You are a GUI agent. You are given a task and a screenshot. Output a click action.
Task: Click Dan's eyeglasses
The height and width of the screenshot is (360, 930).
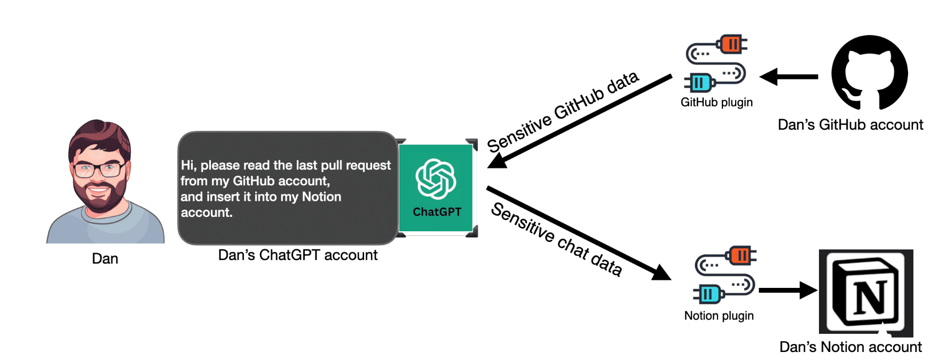99,170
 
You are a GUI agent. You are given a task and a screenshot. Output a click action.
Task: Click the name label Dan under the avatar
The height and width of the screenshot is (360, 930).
105,259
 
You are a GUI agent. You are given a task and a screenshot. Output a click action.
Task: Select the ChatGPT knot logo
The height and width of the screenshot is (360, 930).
436,178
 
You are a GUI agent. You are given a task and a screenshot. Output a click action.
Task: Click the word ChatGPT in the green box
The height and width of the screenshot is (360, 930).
437,212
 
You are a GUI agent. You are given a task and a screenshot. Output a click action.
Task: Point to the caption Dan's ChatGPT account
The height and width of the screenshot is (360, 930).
297,255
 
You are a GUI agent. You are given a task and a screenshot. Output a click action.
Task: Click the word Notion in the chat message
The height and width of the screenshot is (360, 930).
321,197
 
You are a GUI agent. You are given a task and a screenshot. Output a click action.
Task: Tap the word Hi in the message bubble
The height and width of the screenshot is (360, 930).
187,166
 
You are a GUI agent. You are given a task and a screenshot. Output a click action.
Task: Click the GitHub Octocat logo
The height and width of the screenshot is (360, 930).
869,73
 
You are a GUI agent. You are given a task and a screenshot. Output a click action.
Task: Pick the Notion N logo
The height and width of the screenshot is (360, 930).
866,293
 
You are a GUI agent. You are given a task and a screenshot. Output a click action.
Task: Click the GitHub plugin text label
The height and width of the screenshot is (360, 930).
716,103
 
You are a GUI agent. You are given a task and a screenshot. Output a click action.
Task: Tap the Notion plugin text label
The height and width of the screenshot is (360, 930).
719,316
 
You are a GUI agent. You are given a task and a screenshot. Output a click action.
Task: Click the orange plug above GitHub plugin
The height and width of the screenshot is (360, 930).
732,44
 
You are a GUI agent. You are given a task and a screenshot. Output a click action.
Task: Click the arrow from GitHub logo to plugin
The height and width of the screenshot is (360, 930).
789,77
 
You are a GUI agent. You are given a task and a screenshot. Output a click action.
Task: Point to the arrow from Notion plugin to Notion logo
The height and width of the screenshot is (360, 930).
787,291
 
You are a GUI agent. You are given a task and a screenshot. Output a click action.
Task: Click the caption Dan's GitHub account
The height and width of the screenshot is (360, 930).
850,125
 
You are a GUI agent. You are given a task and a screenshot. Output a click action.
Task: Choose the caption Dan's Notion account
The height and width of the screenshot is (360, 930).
850,347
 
